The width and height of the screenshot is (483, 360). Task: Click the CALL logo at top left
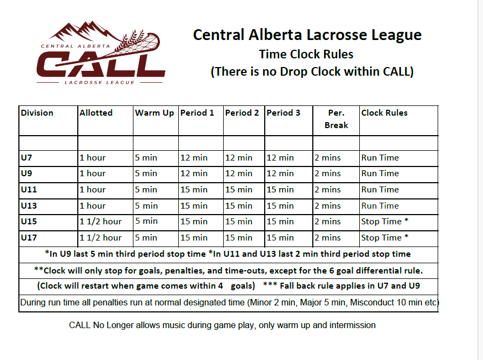click(100, 53)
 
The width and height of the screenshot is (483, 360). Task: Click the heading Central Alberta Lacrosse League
click(307, 35)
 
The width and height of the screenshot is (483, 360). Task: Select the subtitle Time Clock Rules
click(306, 54)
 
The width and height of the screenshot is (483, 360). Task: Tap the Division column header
click(37, 113)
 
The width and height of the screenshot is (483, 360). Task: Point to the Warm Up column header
click(155, 113)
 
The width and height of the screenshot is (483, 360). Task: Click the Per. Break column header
click(336, 119)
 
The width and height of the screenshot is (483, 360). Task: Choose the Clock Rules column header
click(384, 113)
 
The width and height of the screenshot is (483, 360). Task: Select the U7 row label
click(26, 158)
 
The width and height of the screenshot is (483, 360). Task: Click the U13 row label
click(29, 205)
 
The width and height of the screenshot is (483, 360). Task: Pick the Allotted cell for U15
click(100, 222)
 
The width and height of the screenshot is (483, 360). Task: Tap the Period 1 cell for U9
click(194, 174)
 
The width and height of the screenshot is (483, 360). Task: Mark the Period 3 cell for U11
click(280, 190)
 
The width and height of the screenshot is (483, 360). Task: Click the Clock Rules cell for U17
click(385, 237)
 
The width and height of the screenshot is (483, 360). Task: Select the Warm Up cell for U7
click(146, 158)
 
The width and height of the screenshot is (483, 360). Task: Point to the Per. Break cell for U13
click(327, 205)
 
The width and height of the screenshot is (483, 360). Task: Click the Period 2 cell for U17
click(238, 238)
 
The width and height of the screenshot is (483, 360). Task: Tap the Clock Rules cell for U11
click(380, 190)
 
